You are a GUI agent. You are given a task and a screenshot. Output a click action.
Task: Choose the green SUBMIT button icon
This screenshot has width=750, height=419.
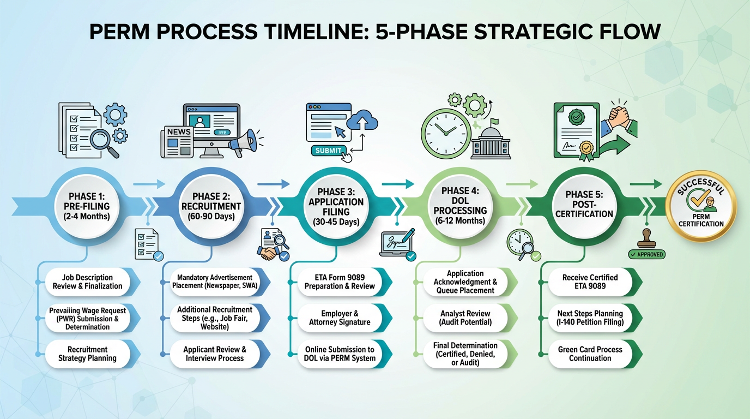328,151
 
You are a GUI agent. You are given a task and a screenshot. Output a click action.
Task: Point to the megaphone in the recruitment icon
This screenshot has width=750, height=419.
242,141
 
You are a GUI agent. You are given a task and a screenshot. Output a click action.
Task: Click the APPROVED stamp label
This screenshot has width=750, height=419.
646,254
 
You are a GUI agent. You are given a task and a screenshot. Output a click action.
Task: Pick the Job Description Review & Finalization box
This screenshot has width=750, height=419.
87,282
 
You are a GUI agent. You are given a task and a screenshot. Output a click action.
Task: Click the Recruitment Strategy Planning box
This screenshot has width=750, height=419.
87,354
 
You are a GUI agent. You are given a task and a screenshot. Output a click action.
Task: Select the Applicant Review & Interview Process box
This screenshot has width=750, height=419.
215,354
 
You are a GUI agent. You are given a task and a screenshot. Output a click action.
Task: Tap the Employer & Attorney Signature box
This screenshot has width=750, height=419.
340,318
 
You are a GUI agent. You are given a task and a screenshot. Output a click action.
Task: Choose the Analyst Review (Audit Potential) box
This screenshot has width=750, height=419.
465,318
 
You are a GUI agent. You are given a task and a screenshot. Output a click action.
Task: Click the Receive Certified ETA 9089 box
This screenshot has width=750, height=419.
590,282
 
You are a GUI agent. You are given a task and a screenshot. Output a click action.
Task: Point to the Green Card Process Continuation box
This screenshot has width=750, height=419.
590,354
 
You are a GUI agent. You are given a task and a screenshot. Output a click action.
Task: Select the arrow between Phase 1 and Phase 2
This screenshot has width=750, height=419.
148,184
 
